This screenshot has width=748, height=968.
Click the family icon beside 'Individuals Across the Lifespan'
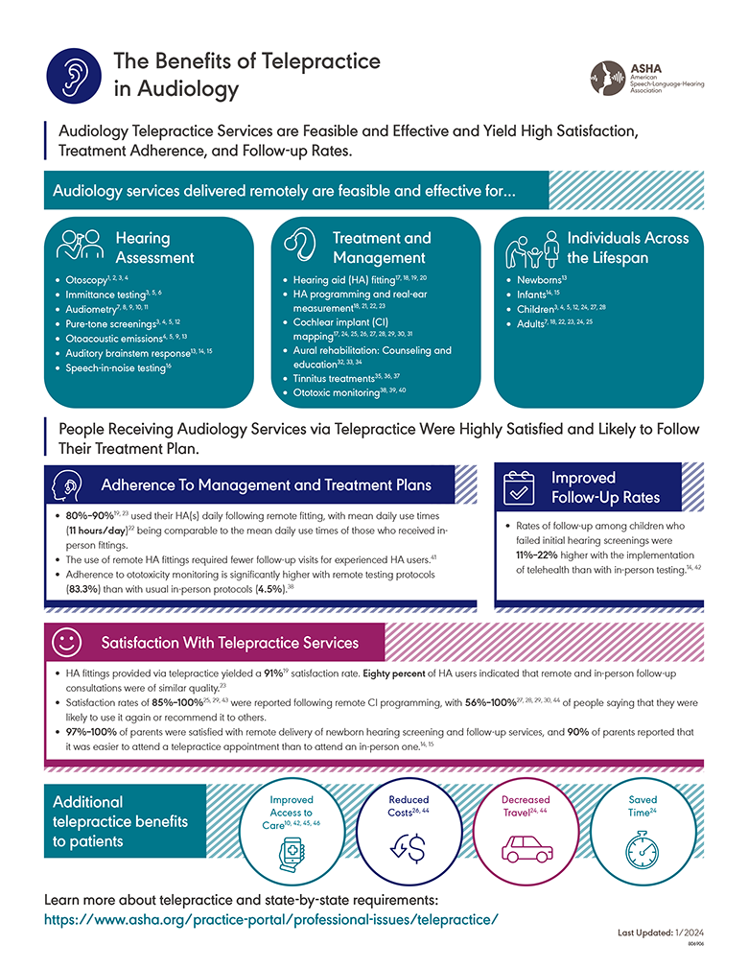click(530, 250)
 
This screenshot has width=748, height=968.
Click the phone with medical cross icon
click(290, 850)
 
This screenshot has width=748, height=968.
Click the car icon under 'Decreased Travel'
click(526, 847)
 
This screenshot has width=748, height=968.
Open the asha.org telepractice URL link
click(272, 919)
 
